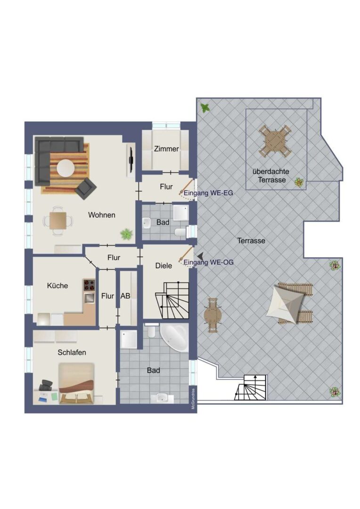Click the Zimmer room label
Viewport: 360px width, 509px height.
166,149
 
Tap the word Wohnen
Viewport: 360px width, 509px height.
102,215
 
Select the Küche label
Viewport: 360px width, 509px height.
57,286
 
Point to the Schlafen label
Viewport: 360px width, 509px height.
72,352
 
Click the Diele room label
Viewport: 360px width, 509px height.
164,265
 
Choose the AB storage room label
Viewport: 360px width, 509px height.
125,296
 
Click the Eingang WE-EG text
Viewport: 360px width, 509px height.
208,193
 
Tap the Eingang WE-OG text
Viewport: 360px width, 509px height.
208,263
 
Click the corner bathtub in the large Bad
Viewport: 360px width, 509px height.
175,337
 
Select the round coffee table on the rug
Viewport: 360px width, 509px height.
66,168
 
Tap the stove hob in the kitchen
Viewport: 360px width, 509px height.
89,286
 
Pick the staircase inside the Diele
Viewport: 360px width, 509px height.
172,301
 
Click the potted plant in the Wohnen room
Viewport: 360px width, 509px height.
126,233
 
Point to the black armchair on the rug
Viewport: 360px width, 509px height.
86,188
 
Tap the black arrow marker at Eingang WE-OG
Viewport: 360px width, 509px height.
200,255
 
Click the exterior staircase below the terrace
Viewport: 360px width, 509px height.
251,387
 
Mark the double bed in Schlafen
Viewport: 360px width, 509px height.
76,383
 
